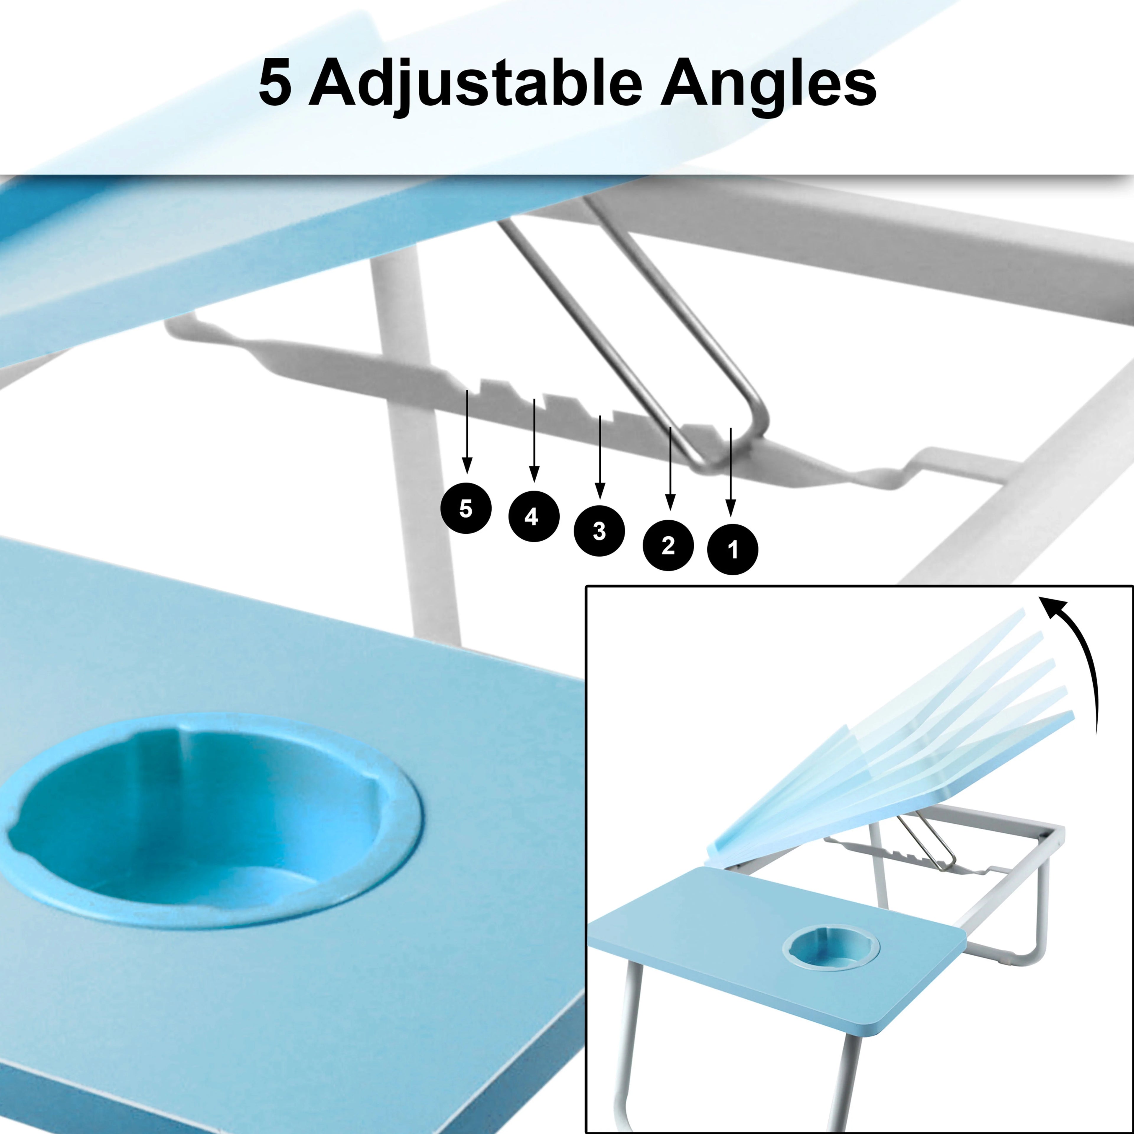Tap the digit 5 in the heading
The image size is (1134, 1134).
tap(275, 83)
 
